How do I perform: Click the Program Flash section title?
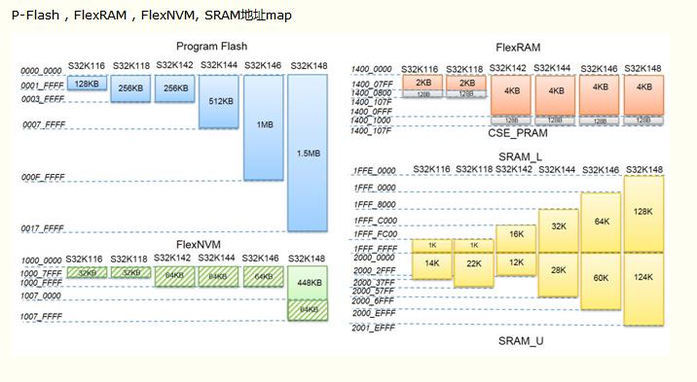click(211, 47)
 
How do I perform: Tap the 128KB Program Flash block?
click(86, 85)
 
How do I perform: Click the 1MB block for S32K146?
click(263, 125)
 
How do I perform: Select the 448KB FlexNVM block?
click(307, 284)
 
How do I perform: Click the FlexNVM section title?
click(200, 243)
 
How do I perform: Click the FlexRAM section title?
click(518, 47)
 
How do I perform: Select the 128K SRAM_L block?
click(643, 211)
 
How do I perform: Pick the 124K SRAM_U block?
click(643, 278)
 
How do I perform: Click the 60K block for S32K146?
click(600, 278)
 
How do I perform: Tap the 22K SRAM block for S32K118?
click(474, 263)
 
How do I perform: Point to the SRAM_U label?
click(522, 341)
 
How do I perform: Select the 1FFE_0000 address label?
click(374, 171)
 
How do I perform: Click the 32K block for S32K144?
click(558, 226)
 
